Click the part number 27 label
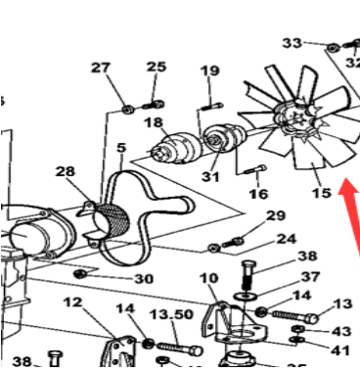click(x=102, y=68)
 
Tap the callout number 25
click(x=157, y=67)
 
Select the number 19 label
click(x=210, y=70)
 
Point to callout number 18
click(x=153, y=122)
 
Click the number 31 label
click(x=210, y=176)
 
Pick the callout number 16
click(x=257, y=194)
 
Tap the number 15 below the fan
click(x=321, y=194)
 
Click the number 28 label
click(x=66, y=171)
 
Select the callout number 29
click(x=275, y=215)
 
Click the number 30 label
click(x=144, y=279)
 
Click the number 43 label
click(x=341, y=332)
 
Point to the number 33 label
click(x=292, y=43)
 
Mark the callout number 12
click(x=73, y=303)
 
